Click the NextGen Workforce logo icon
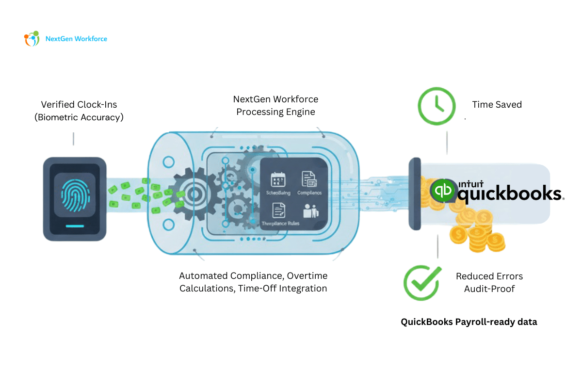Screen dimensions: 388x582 point(32,38)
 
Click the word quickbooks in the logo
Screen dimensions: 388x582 point(509,194)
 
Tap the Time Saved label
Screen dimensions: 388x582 point(497,104)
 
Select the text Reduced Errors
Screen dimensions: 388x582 point(489,276)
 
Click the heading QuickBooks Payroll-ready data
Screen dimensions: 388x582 point(469,322)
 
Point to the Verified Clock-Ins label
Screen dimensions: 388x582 point(79,104)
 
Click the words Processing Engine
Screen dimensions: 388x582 point(275,112)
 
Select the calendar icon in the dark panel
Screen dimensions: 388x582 point(278,179)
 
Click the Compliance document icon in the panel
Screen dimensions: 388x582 point(309,179)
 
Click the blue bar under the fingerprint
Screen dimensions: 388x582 point(74,226)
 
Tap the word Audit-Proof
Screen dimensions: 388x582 point(489,289)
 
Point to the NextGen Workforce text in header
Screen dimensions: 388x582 point(76,39)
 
